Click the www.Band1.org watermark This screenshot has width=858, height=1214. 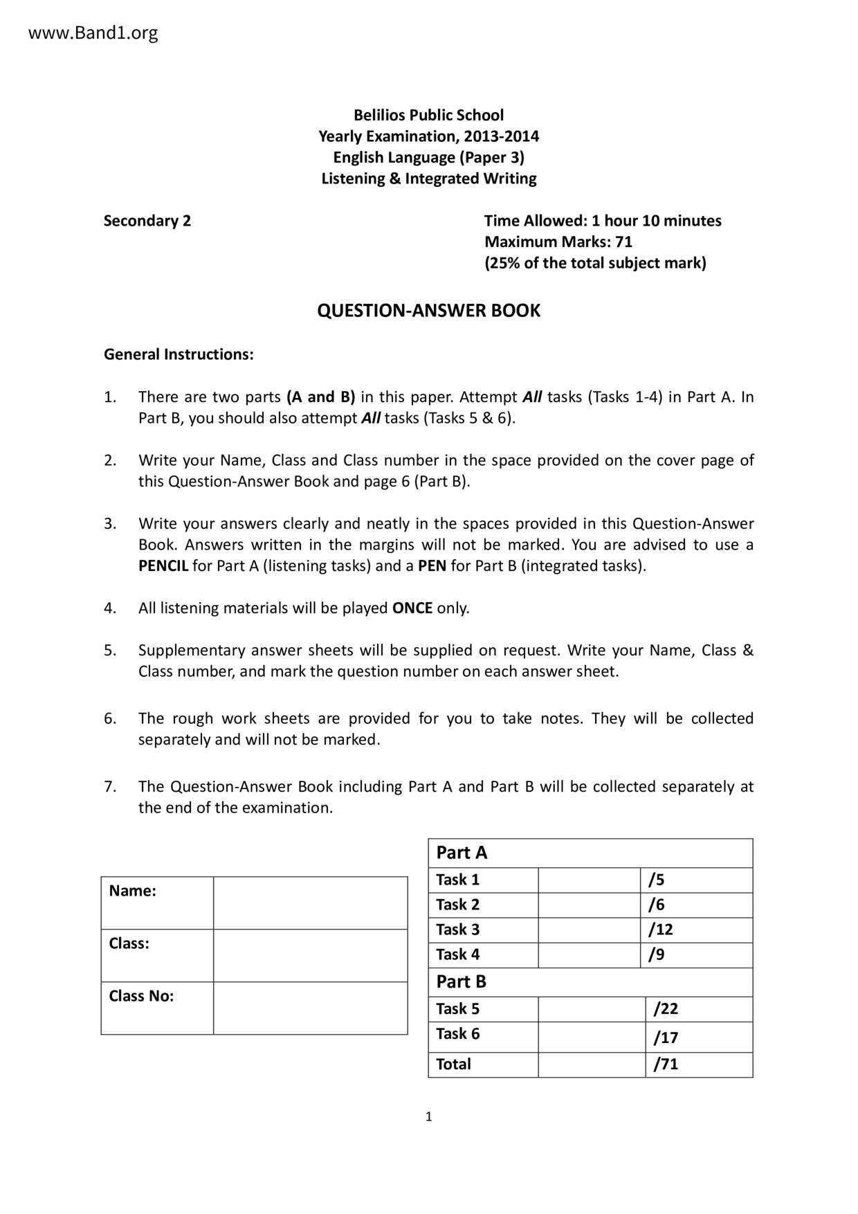point(93,33)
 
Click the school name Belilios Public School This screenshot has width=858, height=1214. point(428,115)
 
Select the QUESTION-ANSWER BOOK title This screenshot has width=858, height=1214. point(428,310)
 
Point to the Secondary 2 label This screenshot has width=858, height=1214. point(147,221)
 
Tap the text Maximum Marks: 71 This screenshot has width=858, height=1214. point(558,242)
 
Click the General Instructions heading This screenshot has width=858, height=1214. point(179,354)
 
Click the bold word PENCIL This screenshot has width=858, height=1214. point(163,565)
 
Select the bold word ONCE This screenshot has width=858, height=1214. point(412,608)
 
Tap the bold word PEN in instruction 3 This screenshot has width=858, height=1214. point(432,565)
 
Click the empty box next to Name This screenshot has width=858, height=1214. point(310,903)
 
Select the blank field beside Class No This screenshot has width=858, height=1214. point(310,1008)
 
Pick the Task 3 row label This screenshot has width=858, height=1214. point(457,930)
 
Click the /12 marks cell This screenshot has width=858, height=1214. point(660,930)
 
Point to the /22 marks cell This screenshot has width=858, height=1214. point(666,1008)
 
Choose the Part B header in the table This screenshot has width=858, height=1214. point(461,981)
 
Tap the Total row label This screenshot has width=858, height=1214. point(453,1064)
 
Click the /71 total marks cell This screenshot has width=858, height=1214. point(666,1064)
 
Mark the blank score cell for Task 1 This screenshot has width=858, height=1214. point(590,880)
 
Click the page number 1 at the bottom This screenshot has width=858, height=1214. point(429,1116)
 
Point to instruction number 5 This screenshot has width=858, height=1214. point(109,651)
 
